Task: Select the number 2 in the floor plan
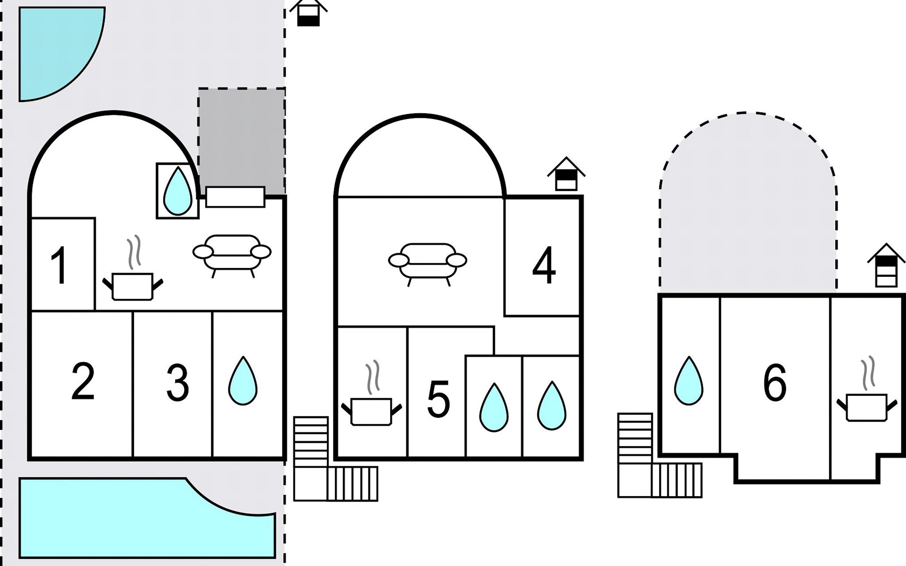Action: click(83, 382)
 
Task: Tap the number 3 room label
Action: click(177, 383)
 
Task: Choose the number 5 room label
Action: click(438, 400)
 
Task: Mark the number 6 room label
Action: click(775, 383)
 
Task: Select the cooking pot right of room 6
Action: click(866, 402)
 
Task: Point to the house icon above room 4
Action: click(566, 174)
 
